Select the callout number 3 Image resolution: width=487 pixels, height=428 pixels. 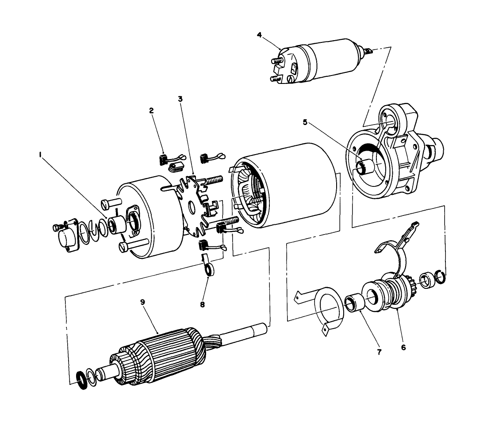180,98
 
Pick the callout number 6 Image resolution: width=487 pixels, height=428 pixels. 403,348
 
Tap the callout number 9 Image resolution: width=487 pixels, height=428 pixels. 142,303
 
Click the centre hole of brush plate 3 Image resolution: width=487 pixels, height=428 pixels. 192,207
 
